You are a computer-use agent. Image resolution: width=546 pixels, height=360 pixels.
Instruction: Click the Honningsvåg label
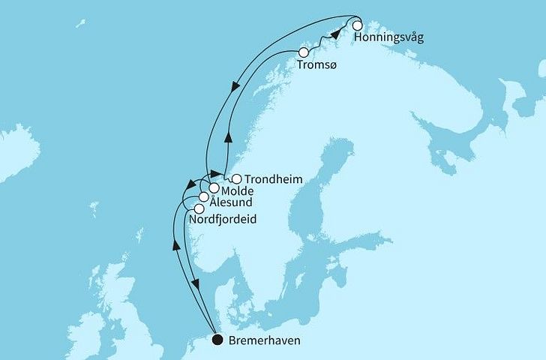pos(389,38)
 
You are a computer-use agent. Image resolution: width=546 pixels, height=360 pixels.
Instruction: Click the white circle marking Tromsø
pos(304,53)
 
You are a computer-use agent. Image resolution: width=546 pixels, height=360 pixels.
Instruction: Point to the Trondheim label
pos(271,179)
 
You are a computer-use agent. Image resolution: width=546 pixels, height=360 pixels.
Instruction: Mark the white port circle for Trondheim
pos(237,179)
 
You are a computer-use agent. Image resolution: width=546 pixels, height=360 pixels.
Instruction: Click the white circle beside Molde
pos(214,188)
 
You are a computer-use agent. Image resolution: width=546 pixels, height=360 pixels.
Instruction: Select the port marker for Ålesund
pos(203,198)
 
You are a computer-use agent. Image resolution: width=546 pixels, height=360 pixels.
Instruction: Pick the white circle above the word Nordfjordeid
pos(199,209)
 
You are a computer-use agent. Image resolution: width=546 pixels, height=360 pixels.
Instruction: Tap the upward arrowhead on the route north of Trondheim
pos(227,138)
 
